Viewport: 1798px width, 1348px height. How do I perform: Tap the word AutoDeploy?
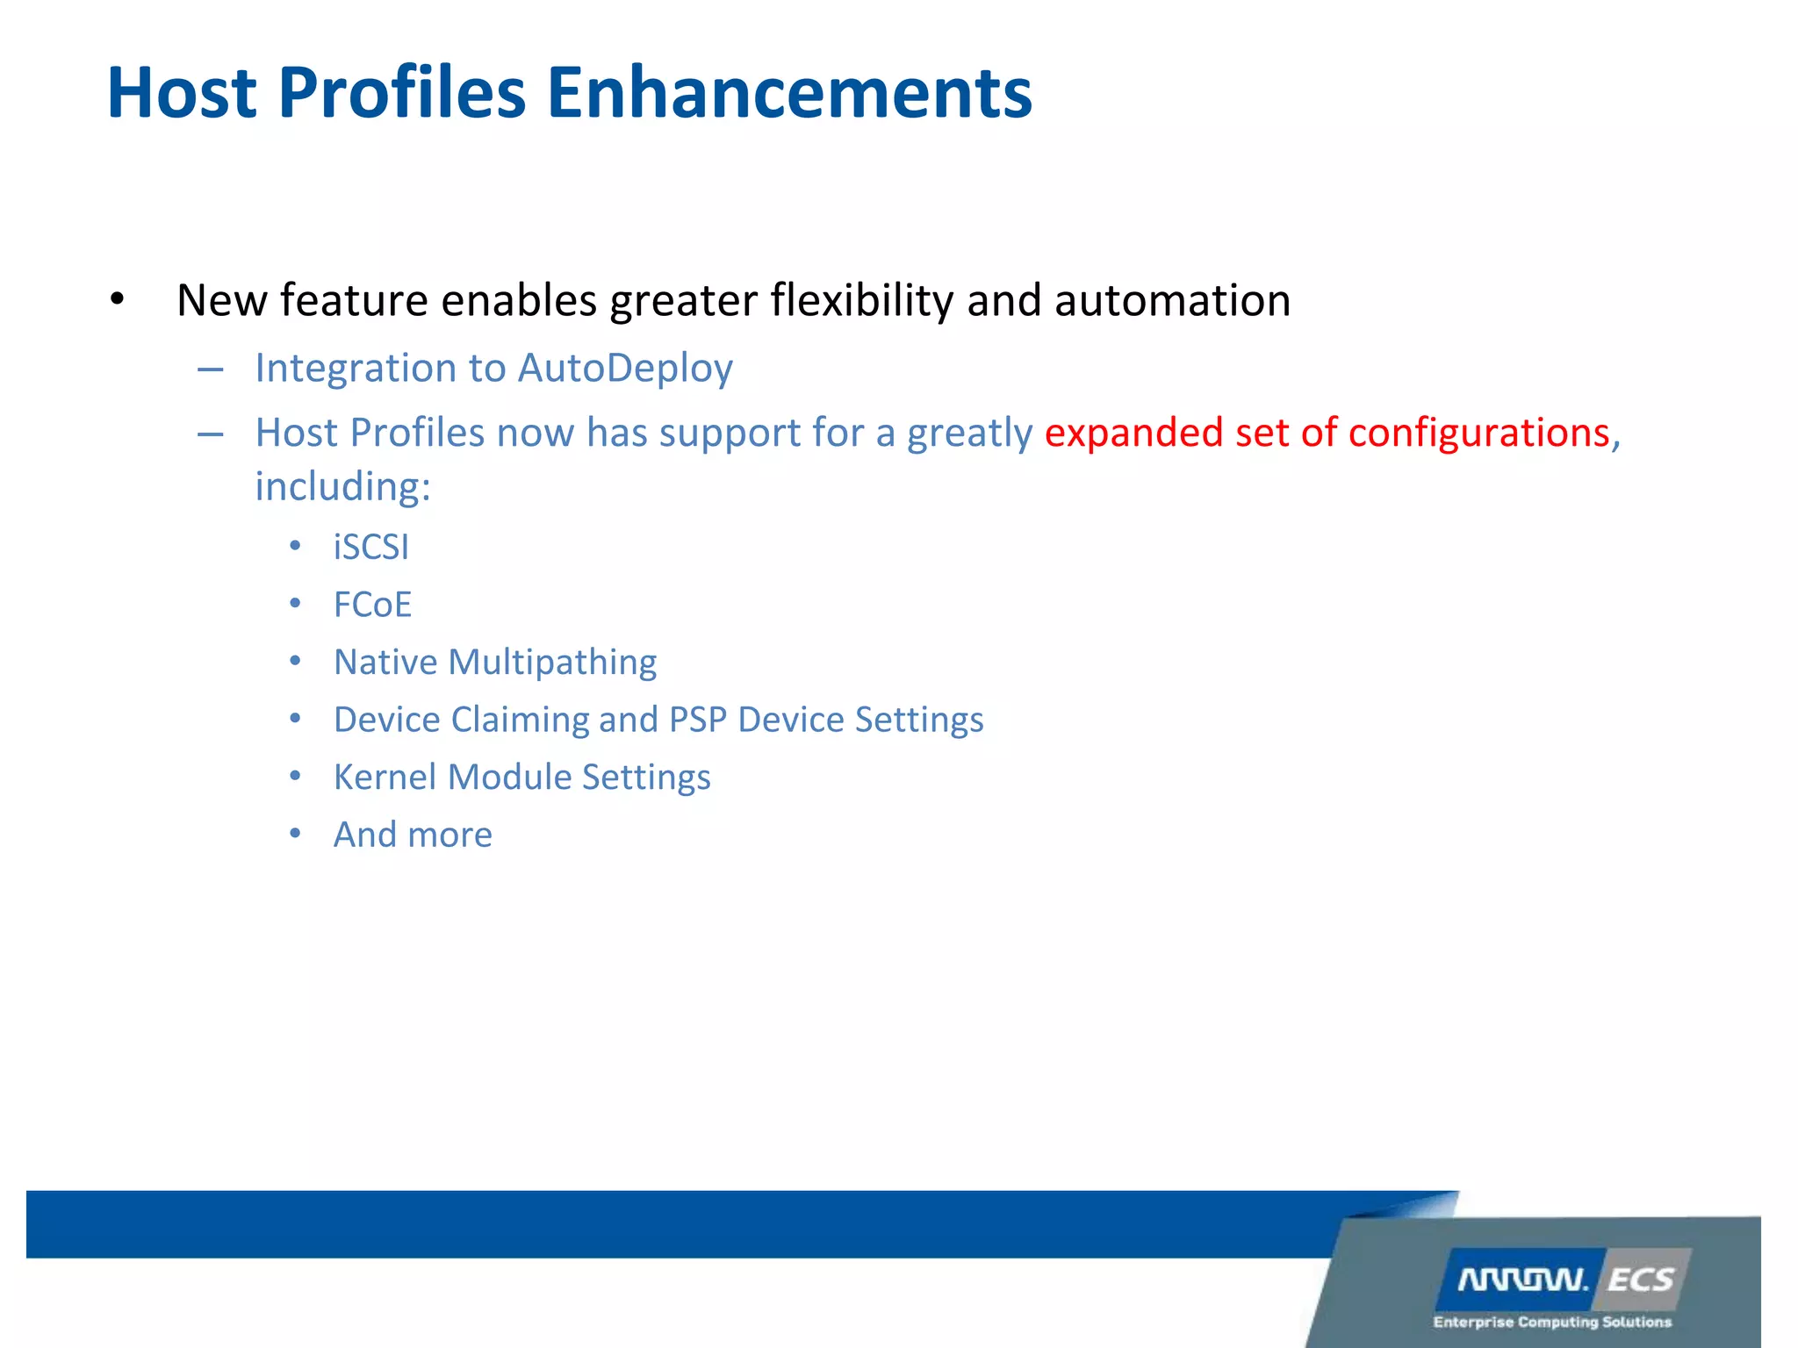625,368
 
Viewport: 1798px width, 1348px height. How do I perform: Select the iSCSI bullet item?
370,548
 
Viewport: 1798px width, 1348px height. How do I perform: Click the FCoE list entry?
372,605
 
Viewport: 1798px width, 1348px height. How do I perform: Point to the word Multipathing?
552,663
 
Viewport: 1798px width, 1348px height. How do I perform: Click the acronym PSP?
697,720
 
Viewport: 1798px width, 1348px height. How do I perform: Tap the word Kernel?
385,778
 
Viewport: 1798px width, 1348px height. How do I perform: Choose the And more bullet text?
413,835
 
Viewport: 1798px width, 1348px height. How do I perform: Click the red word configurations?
1478,433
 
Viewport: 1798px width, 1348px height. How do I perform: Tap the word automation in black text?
1172,300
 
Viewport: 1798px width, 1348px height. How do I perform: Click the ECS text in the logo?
1640,1280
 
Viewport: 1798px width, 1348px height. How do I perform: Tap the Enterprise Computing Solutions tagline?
1551,1322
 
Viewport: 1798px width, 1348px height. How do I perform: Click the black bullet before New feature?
118,301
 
